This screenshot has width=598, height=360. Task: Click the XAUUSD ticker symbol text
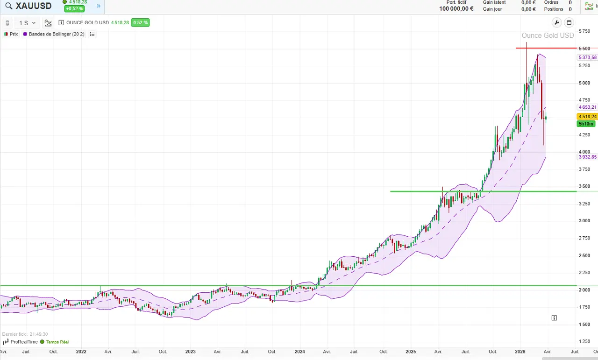[x=33, y=6]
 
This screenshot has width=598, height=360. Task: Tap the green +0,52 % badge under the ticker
[x=74, y=9]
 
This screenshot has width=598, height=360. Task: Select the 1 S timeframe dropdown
[x=27, y=23]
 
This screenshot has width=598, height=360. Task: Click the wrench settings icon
[x=556, y=22]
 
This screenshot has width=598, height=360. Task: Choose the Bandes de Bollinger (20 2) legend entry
[x=54, y=34]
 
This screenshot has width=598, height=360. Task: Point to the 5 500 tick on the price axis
[x=584, y=49]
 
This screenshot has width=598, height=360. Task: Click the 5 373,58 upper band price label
[x=587, y=57]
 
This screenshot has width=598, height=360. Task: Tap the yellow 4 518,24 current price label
[x=587, y=116]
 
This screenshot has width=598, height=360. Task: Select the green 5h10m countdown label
[x=586, y=124]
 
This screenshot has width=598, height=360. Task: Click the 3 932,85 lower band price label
[x=587, y=157]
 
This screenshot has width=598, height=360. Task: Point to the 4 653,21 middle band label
[x=587, y=107]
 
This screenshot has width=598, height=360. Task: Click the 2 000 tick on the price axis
[x=584, y=290]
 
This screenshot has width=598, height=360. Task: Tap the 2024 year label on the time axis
[x=300, y=352]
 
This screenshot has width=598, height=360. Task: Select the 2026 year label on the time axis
[x=520, y=352]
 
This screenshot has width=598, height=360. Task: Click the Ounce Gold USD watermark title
[x=548, y=35]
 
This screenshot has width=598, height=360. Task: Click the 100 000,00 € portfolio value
[x=456, y=9]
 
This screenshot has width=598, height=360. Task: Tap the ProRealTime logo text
[x=24, y=342]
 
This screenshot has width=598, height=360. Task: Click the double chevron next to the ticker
[x=99, y=6]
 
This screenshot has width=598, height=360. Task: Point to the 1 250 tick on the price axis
[x=584, y=341]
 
